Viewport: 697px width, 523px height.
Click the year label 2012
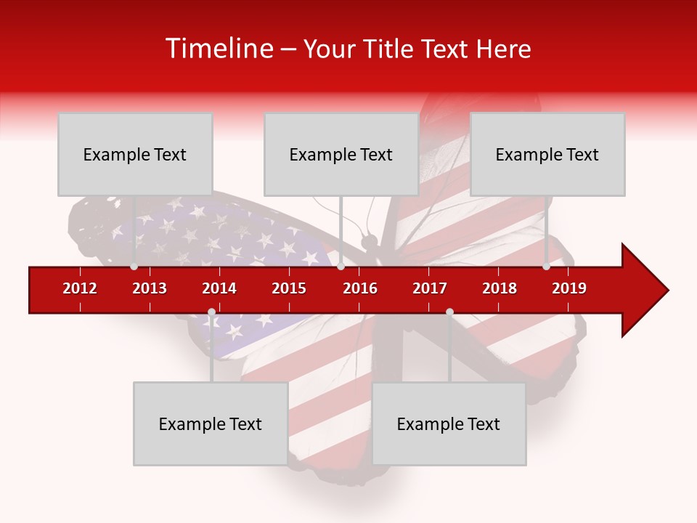80,288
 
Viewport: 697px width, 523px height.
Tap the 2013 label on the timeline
150,288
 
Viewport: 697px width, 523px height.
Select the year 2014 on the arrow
219,288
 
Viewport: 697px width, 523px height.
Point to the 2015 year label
289,288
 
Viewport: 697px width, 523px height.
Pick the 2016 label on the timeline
360,288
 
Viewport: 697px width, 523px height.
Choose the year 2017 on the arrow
430,288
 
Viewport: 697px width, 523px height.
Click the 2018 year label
500,288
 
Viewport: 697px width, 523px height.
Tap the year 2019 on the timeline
569,288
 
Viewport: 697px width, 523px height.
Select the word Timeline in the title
218,49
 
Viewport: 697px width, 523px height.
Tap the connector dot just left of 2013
134,267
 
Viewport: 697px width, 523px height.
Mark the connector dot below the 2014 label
211,312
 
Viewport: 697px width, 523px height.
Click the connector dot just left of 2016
341,267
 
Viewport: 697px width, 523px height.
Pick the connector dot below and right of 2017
449,312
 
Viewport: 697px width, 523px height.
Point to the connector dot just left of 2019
546,267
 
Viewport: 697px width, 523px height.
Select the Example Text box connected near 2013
135,154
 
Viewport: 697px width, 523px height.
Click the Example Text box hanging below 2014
211,423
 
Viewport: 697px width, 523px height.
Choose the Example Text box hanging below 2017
449,423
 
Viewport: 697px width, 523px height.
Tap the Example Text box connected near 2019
547,154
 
